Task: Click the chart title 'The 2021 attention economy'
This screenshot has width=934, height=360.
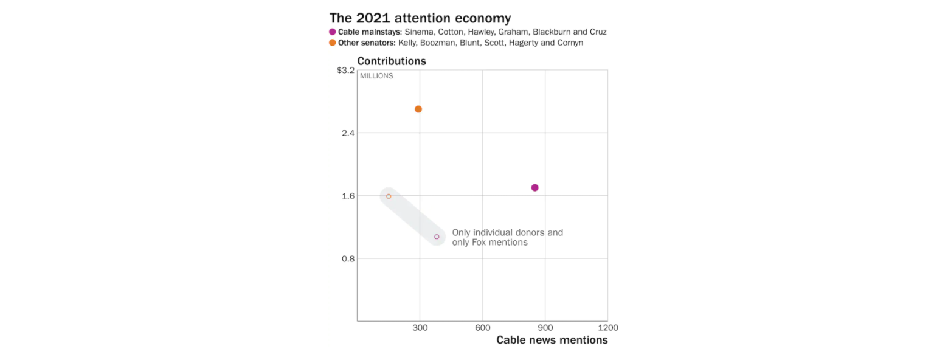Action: [x=420, y=18]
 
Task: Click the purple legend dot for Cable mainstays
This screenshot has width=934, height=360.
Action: [x=333, y=32]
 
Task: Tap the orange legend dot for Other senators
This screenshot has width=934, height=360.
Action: [x=333, y=43]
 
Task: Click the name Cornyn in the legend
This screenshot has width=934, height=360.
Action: [x=569, y=43]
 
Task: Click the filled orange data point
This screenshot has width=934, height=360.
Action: [x=418, y=109]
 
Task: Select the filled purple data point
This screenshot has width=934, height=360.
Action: [x=535, y=187]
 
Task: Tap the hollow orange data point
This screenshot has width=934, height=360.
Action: [x=389, y=196]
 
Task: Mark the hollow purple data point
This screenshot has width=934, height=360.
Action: [x=437, y=237]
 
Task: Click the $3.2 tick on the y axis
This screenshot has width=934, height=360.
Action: [x=345, y=71]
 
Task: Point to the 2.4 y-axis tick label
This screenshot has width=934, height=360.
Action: [x=347, y=133]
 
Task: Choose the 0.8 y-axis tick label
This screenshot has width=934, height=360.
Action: [x=347, y=259]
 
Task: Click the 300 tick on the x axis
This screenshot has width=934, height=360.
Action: [x=420, y=328]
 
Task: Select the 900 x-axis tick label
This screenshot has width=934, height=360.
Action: [x=545, y=328]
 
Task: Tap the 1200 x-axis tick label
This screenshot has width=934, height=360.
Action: [x=607, y=328]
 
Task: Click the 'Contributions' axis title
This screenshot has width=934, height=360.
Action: [x=392, y=61]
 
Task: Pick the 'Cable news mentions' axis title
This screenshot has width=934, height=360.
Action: [x=552, y=340]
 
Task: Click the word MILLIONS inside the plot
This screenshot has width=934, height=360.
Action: [x=376, y=76]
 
